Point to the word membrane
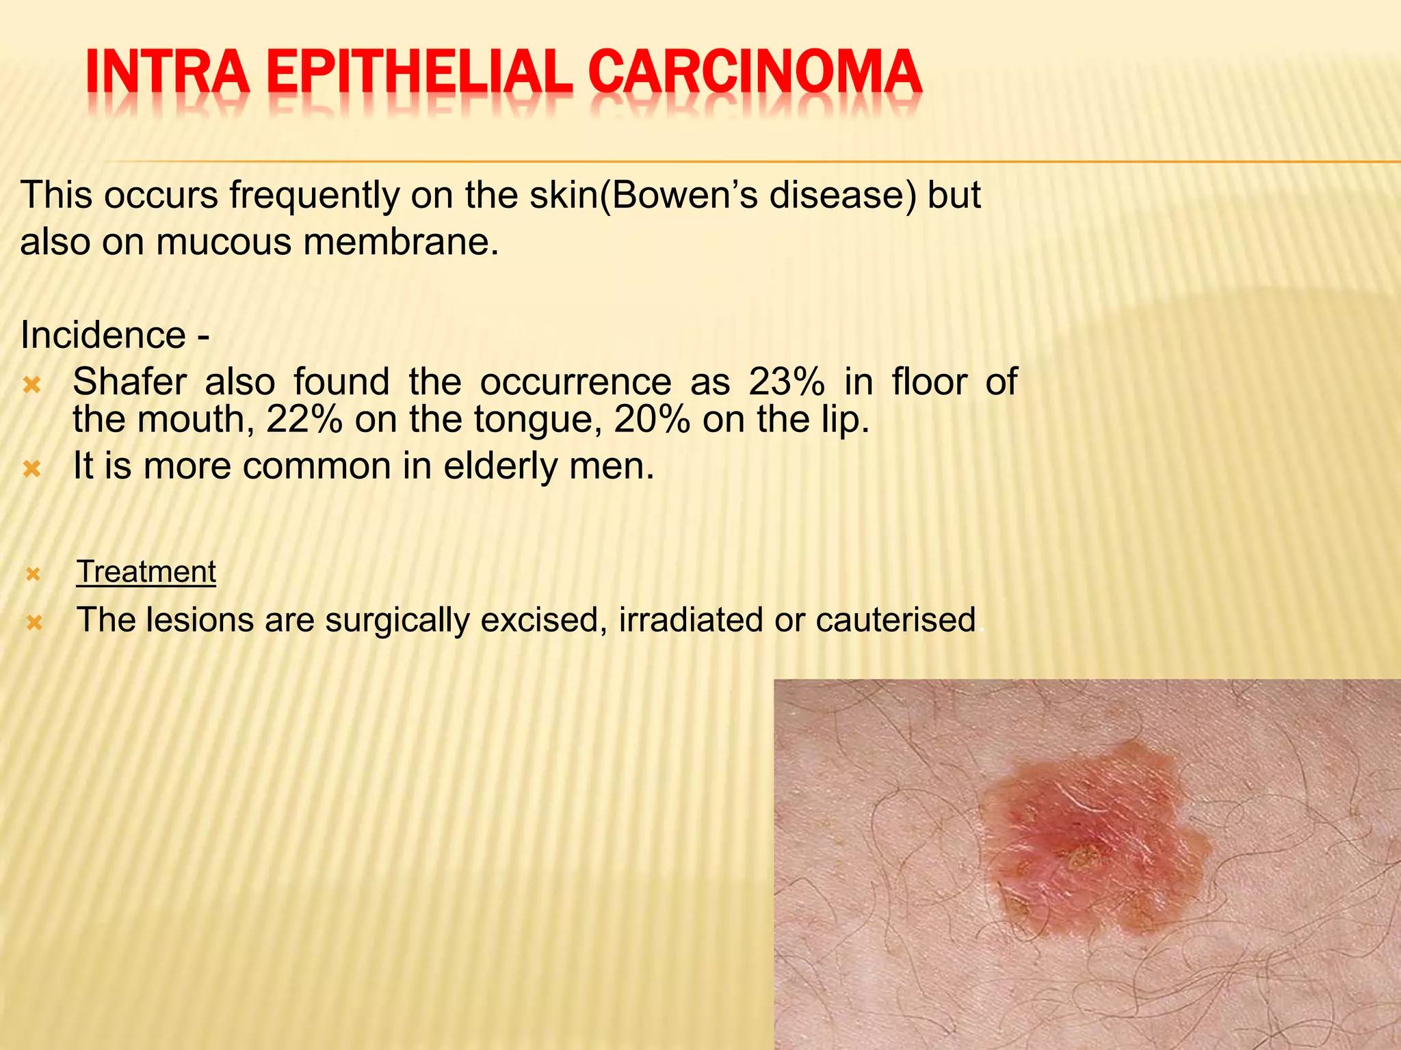tap(402, 242)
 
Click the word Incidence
tap(103, 335)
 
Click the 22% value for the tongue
tap(304, 419)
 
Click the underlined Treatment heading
tap(146, 571)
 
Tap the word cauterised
tap(895, 620)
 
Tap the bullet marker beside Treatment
tap(34, 575)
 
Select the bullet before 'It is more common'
tap(32, 470)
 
